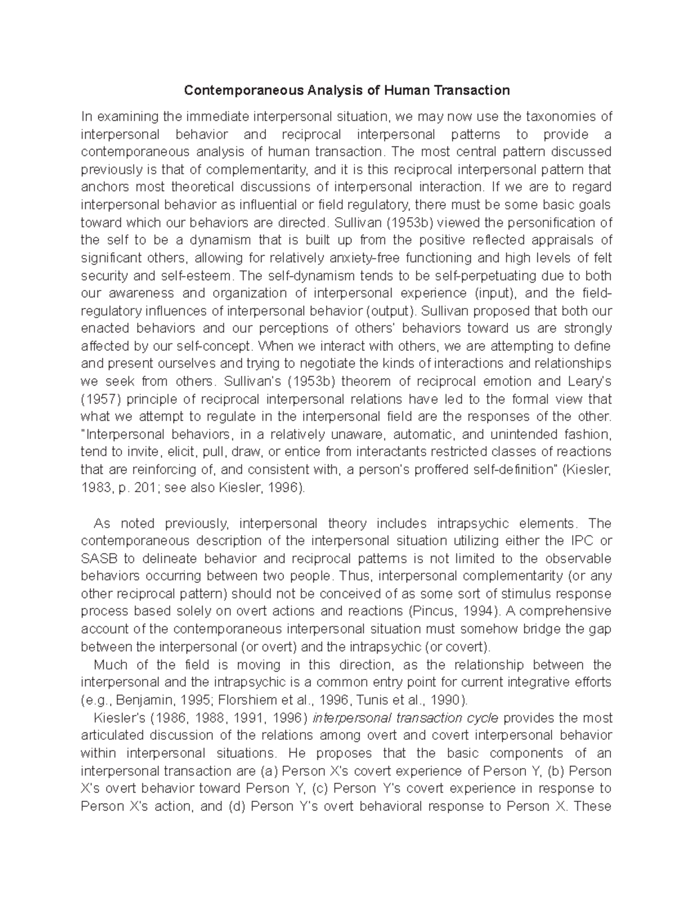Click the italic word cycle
(x=484, y=718)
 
